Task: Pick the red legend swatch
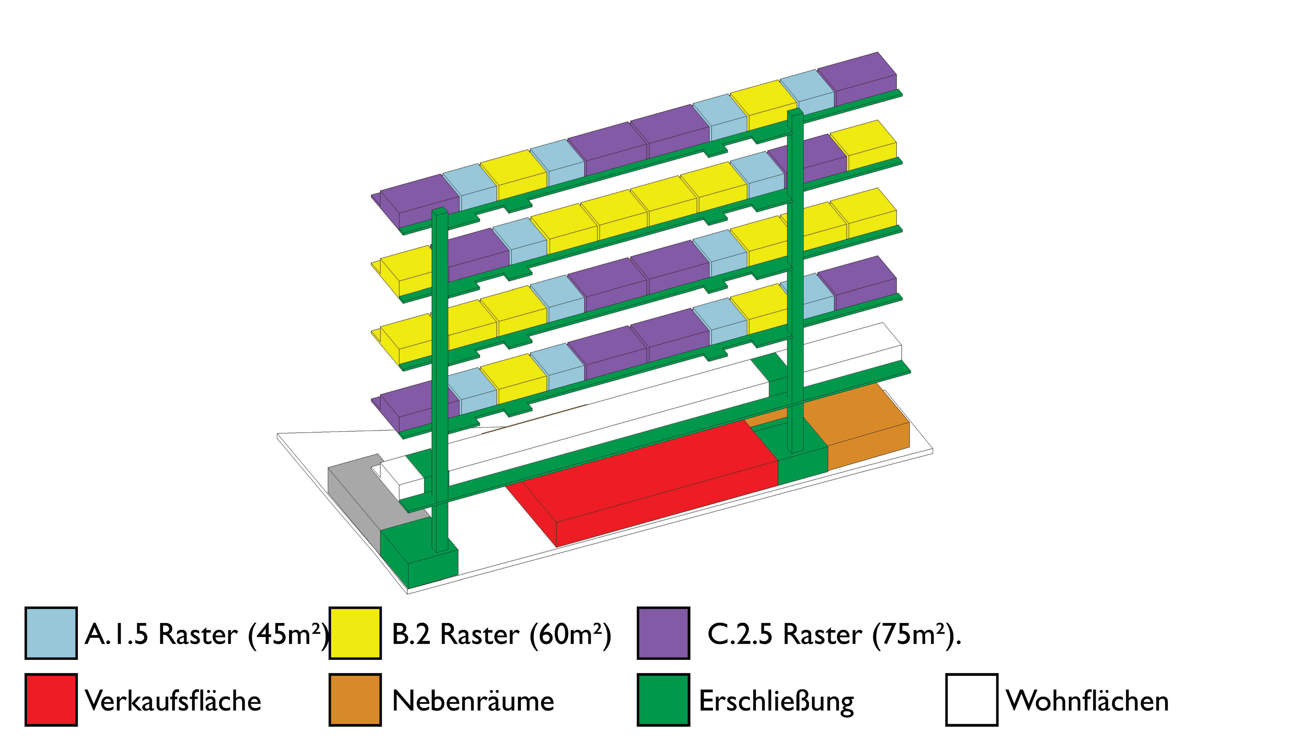tap(51, 700)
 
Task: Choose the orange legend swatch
tap(355, 700)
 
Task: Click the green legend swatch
tap(664, 700)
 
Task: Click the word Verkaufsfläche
tap(173, 701)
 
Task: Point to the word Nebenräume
tap(473, 701)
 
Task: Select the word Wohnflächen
tap(1087, 701)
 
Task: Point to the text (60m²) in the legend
tap(570, 635)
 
